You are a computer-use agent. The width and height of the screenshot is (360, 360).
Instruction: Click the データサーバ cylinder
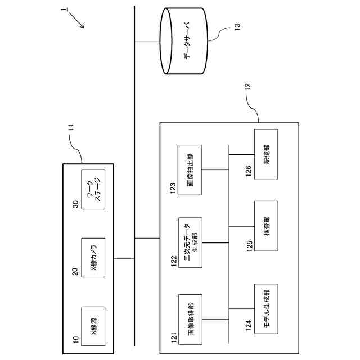tap(184, 41)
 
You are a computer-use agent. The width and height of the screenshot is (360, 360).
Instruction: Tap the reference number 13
tap(237, 26)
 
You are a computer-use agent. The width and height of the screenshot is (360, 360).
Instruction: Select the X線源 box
tap(93, 326)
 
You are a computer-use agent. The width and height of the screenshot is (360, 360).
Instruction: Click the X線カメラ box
tap(93, 258)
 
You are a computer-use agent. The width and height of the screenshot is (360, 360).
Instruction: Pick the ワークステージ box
tap(93, 190)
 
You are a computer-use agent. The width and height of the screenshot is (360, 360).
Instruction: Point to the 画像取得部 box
tap(190, 319)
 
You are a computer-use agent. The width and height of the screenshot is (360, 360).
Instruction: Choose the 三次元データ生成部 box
tap(190, 242)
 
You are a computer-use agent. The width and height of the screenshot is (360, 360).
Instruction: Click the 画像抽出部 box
tap(190, 170)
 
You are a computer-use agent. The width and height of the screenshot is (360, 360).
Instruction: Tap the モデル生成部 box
tap(266, 309)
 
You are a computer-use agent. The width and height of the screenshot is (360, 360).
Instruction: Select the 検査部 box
tap(266, 226)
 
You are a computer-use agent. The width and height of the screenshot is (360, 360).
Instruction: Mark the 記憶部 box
tap(266, 154)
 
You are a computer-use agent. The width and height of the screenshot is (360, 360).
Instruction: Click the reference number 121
tap(174, 337)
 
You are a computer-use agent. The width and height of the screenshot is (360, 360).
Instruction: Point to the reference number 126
tap(249, 171)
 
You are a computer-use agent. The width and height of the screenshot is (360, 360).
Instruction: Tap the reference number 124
tap(249, 325)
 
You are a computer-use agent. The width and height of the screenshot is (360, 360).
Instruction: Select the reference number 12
tap(247, 86)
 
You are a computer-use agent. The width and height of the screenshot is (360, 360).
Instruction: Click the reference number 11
tap(71, 128)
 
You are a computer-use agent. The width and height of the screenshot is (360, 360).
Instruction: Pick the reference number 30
tap(75, 204)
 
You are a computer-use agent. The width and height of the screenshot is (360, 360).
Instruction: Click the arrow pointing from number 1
tap(76, 20)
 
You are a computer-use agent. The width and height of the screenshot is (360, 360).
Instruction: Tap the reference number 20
tap(75, 272)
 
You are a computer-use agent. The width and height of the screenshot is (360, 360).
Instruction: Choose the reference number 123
tap(173, 188)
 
